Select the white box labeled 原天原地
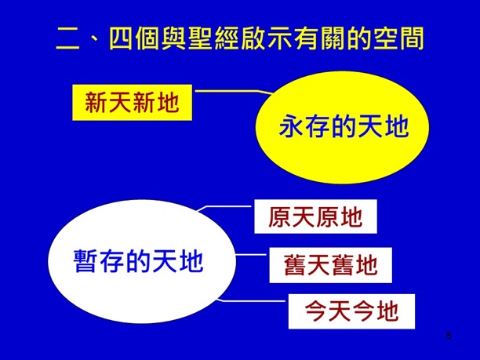pos(315,216)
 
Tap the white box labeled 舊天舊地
pos(330,265)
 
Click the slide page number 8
pos(448,336)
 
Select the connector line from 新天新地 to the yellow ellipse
pos(227,93)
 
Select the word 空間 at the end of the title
pos(395,37)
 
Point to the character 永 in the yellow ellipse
pos(292,127)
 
